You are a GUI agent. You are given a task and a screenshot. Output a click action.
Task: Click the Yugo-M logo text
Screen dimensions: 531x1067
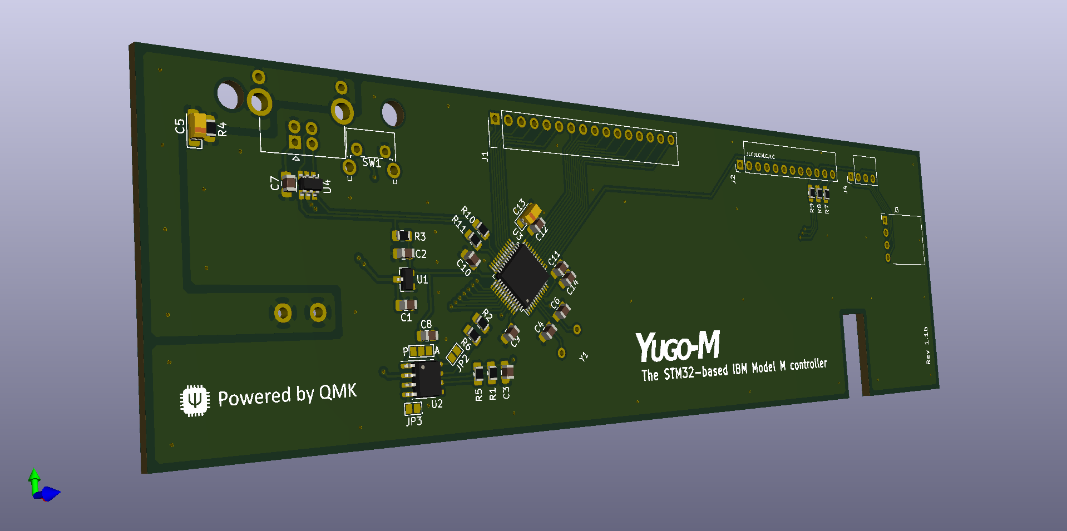coord(678,346)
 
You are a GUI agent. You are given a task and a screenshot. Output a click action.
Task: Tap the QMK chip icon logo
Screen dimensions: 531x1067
coord(195,400)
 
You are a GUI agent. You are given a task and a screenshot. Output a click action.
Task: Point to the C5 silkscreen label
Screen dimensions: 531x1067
coord(180,126)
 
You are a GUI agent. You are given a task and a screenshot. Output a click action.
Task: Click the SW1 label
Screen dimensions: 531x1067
coord(371,163)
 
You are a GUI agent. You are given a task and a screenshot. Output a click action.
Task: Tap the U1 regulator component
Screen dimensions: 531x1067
coord(407,279)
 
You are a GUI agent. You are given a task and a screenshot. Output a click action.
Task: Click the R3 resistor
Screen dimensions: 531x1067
coord(403,236)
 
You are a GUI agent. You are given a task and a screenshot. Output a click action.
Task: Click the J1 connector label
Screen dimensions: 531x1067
coord(485,156)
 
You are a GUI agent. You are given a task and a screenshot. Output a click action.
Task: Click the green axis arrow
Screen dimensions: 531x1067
coord(34,478)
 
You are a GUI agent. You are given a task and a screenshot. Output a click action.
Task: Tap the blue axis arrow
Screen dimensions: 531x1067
coord(51,493)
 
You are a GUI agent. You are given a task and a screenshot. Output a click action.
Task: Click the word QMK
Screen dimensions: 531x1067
coord(338,392)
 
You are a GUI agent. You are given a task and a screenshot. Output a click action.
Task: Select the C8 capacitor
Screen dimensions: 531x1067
coord(427,335)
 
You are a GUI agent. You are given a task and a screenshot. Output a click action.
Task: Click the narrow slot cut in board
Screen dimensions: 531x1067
coord(854,354)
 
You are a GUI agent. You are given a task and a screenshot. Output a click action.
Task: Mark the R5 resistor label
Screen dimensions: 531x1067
coord(479,394)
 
